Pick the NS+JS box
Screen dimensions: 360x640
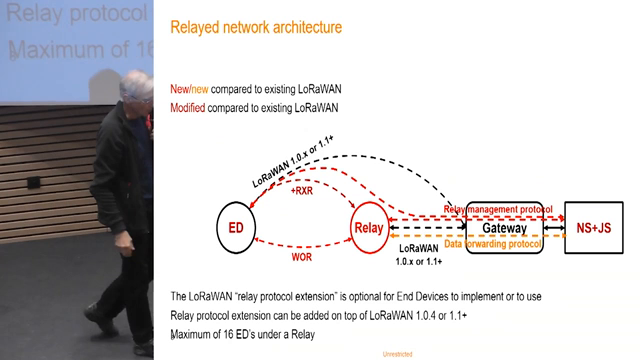click(597, 228)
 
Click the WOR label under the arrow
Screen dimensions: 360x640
click(301, 255)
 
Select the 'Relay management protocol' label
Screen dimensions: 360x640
click(496, 209)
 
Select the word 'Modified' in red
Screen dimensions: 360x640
click(190, 107)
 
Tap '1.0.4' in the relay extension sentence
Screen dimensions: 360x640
click(418, 316)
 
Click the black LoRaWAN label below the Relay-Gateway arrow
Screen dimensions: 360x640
click(420, 254)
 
